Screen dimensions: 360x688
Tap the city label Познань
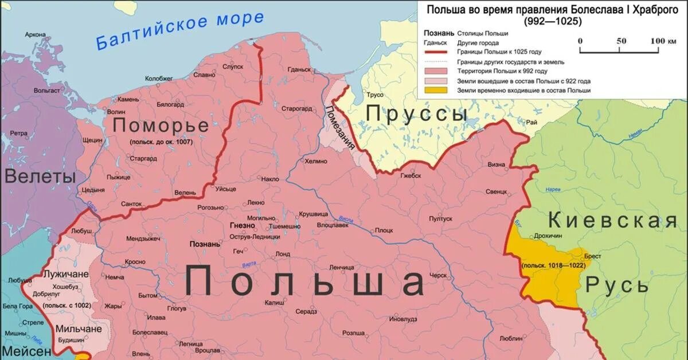point(205,244)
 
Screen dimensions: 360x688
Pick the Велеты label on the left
point(40,177)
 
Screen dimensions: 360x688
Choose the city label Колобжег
point(159,79)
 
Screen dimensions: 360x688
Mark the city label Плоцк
point(384,230)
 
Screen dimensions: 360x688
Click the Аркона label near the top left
point(35,35)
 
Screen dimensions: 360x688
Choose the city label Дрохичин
point(548,234)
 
